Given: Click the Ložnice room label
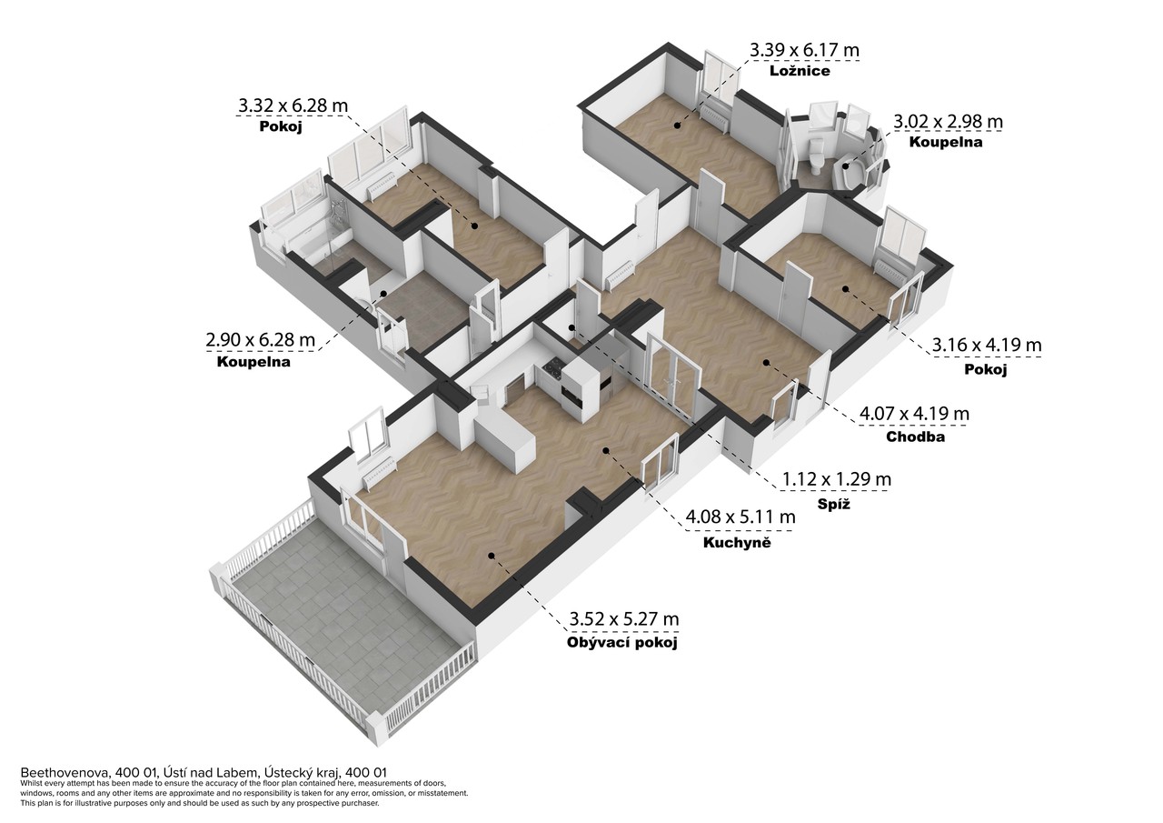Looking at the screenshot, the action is (x=800, y=71).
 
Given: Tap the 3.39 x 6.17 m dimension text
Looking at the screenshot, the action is (x=804, y=50).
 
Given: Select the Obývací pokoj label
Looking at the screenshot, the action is (x=622, y=643).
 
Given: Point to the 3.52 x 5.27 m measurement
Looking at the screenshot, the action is (x=624, y=619).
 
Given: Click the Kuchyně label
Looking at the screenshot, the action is (x=737, y=542).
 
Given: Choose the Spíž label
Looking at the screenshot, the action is (x=834, y=504).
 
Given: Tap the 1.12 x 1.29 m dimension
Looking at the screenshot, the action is (x=837, y=479).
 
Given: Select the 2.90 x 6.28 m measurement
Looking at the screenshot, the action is (x=260, y=340).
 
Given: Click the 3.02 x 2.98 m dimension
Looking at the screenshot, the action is (x=948, y=122).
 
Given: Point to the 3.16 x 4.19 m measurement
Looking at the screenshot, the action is (x=987, y=345).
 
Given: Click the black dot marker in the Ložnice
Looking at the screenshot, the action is (x=677, y=125).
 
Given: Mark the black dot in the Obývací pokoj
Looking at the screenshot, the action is (x=492, y=556).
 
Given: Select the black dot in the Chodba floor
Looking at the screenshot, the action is (x=766, y=362).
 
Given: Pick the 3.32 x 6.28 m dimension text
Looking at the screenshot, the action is (x=293, y=106).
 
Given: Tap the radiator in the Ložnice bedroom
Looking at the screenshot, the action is (x=712, y=117).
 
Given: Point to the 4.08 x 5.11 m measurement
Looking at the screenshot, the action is (x=741, y=517).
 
